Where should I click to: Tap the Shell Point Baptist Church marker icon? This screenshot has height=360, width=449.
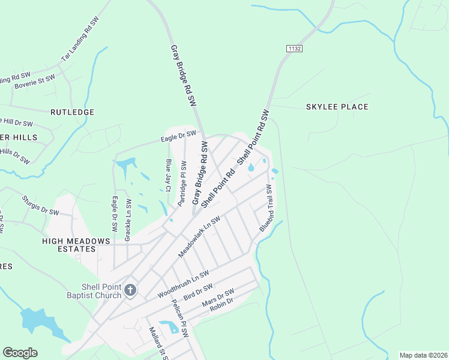click(130, 291)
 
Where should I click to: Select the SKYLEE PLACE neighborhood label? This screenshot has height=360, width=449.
click(337, 107)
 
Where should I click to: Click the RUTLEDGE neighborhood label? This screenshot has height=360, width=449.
click(73, 112)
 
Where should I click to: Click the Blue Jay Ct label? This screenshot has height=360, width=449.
click(169, 175)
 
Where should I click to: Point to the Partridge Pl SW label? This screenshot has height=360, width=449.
click(182, 182)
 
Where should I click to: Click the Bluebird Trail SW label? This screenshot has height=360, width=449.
click(266, 208)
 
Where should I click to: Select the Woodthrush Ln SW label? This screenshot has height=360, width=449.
click(183, 284)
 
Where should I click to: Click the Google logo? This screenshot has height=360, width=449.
click(20, 353)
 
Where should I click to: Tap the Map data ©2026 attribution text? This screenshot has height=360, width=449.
click(423, 355)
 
